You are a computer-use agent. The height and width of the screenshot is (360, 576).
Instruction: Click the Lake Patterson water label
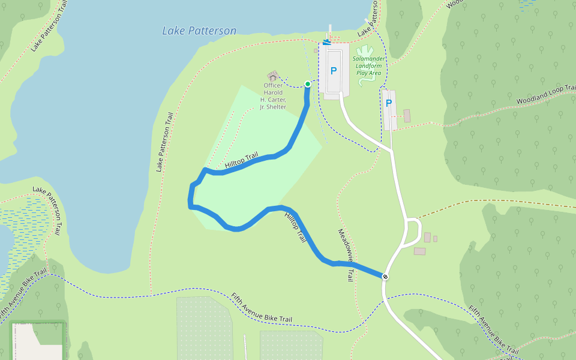pos(199,31)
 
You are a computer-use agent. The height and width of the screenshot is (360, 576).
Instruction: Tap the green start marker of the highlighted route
pos(308,84)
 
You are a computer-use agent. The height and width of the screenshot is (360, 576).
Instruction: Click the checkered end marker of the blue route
pos(385,277)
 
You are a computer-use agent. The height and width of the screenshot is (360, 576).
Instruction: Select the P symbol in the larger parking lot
pos(334,71)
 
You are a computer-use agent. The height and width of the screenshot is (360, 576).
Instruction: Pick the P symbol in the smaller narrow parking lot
pos(388,103)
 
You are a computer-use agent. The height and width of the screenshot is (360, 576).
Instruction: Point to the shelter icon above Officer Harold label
pos(273,76)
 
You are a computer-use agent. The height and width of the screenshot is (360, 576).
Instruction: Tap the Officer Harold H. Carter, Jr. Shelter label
pos(273,96)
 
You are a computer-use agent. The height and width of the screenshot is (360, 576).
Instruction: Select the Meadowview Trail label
pos(345,255)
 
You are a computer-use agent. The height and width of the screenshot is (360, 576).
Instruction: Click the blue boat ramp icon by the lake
pos(326,42)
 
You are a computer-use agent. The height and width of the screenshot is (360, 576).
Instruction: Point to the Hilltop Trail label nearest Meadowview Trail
pos(295,227)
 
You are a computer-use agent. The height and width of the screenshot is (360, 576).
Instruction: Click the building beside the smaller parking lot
pos(407,115)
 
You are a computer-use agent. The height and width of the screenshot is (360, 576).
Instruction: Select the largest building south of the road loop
pos(419,251)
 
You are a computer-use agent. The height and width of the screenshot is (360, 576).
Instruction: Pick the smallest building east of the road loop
pos(435,239)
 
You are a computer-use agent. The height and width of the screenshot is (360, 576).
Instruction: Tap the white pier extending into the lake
pos(330,31)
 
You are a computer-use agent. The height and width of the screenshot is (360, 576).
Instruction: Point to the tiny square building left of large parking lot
pos(316,51)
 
